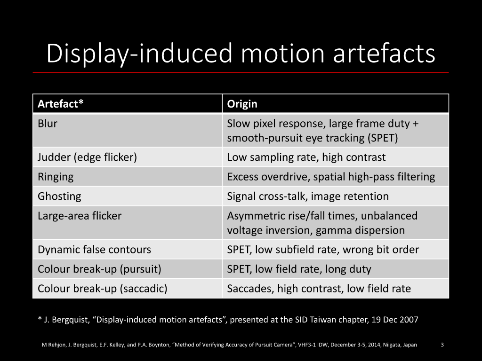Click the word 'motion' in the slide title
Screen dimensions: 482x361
click(282, 53)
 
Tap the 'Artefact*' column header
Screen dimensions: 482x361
click(61, 104)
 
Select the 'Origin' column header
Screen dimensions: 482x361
click(242, 104)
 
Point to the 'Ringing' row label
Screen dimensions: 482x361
click(56, 177)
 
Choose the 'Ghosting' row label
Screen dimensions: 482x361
click(59, 196)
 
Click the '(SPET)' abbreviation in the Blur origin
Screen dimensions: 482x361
click(383, 138)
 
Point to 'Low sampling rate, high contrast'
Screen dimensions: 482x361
click(306, 157)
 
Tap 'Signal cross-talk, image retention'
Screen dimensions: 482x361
click(308, 196)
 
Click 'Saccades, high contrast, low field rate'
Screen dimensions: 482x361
click(319, 289)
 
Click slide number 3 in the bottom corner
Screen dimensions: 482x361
click(442, 345)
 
